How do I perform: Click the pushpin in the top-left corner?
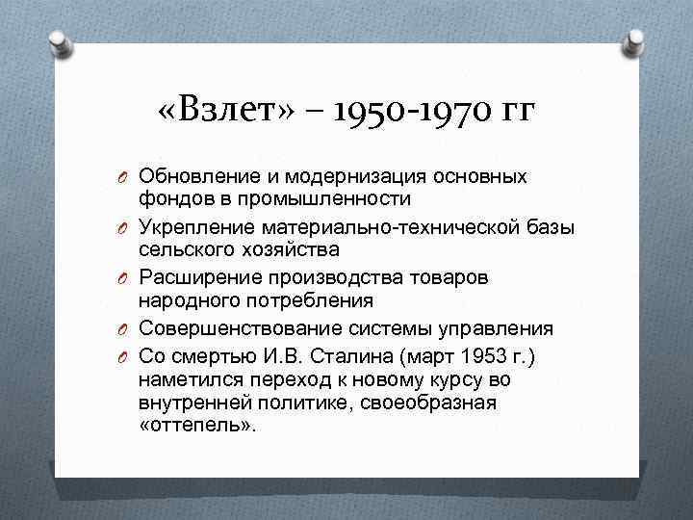pos(60,41)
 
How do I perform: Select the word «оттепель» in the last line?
pos(198,426)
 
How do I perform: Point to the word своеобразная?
pos(428,403)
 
